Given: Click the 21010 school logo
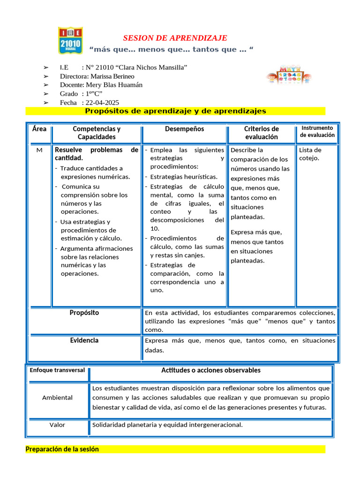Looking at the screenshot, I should tap(70, 40).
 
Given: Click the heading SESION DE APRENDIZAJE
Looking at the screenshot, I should tap(175, 38).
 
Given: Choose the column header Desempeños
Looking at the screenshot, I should tap(184, 129).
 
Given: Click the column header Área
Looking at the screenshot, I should tap(39, 128).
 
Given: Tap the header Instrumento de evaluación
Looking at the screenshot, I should tap(317, 131).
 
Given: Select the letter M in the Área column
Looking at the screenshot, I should tap(39, 150).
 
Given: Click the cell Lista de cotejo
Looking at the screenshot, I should tap(310, 154).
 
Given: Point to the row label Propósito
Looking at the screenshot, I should tap(84, 313).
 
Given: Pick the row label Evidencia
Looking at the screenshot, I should tap(84, 340).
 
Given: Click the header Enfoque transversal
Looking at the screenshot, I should tap(57, 370).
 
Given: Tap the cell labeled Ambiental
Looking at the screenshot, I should tap(57, 397).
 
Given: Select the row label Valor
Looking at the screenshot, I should tap(57, 425).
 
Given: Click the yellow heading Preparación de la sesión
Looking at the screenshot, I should tap(62, 449).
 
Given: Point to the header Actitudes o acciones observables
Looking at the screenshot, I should tap(211, 370).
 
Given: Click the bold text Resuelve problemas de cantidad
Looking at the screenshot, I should tap(96, 154).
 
